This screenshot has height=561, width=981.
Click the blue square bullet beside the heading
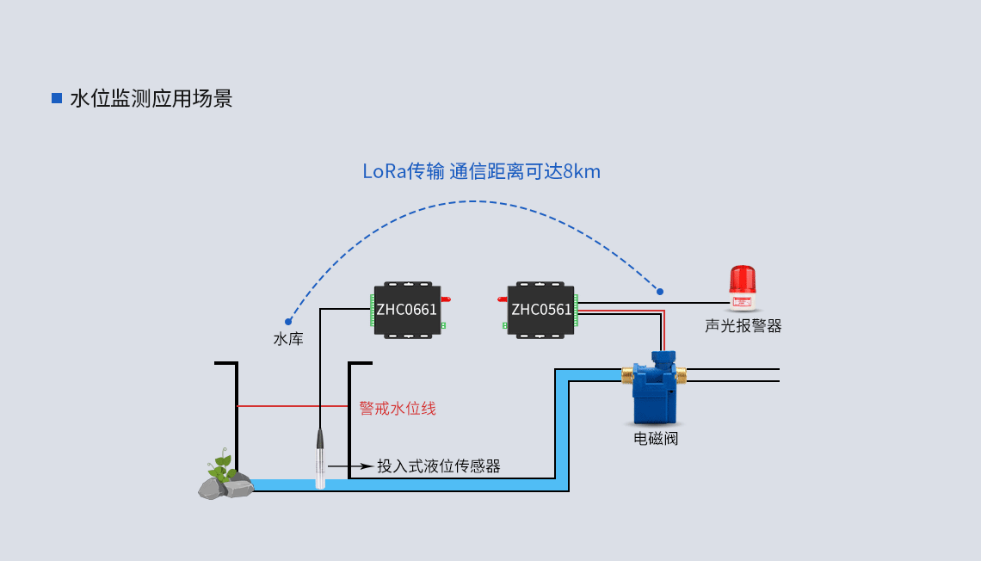point(57,98)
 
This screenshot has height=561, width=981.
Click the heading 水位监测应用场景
point(151,98)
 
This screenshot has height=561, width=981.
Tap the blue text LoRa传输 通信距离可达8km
point(481,171)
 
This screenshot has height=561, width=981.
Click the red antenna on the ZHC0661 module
point(447,299)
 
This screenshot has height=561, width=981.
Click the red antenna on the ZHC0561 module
point(503,299)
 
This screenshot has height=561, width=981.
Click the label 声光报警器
point(743,326)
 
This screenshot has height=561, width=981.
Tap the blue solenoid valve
point(655,389)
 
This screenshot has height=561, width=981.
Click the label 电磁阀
point(656,439)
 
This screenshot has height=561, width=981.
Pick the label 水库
point(288,339)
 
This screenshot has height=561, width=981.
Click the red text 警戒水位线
point(398,408)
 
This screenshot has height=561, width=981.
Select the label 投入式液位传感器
point(439,466)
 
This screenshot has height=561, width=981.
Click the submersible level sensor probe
point(320,459)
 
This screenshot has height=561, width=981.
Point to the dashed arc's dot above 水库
point(288,322)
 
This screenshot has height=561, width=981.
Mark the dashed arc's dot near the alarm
point(660,291)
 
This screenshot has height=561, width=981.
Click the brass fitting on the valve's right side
point(682,374)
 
